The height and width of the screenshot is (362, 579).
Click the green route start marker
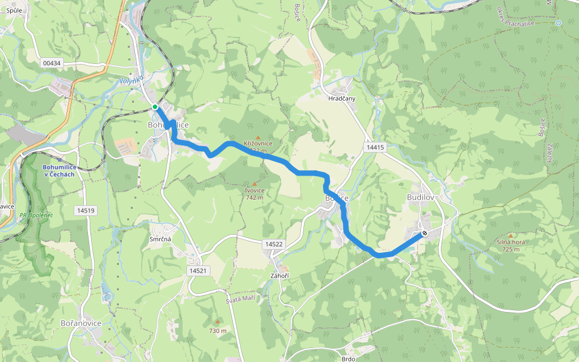tap(155, 107)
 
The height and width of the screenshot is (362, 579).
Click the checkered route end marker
tap(425, 233)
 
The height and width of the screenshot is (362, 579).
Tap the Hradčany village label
tap(342, 98)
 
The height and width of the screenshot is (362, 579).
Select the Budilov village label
tap(420, 198)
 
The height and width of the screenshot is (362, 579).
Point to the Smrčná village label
tap(161, 239)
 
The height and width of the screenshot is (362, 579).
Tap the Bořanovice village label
tap(81, 323)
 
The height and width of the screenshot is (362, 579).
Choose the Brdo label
tap(348, 358)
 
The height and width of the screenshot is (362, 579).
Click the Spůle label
tap(14, 11)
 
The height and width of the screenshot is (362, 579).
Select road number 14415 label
tap(375, 147)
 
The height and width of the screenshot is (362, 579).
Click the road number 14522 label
tap(273, 244)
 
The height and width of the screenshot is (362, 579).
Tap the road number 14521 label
tap(197, 271)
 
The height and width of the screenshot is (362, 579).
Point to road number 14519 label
tap(85, 211)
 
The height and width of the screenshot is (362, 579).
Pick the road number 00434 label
tap(52, 63)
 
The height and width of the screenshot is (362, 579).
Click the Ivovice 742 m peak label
tap(255, 194)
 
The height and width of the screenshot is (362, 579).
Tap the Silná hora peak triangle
tap(511, 236)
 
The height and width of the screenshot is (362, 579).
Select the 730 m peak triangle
tap(218, 321)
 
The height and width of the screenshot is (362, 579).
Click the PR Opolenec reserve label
tap(36, 215)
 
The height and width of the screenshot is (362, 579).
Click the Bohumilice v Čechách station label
tap(59, 171)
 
